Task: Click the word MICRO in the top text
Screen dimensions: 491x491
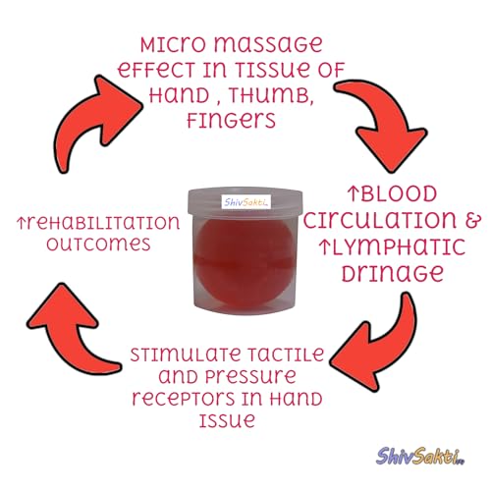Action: [x=173, y=45]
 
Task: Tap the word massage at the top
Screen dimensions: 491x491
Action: [x=268, y=46]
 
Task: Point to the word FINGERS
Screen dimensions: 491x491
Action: [x=231, y=121]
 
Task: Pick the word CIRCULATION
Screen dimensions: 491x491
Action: [x=380, y=220]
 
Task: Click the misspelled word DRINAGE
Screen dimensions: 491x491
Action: [x=393, y=274]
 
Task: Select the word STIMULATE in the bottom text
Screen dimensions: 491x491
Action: [x=186, y=355]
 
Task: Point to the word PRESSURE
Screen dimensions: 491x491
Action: [x=250, y=377]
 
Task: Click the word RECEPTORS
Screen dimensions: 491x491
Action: [x=184, y=399]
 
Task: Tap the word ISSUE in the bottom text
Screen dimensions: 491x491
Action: [x=227, y=420]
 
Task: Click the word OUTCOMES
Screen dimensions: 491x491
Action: [x=98, y=245]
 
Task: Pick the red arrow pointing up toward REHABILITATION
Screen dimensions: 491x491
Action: [x=71, y=331]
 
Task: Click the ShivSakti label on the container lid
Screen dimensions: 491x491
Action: [x=246, y=202]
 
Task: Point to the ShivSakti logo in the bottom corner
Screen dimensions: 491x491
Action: [x=420, y=457]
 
